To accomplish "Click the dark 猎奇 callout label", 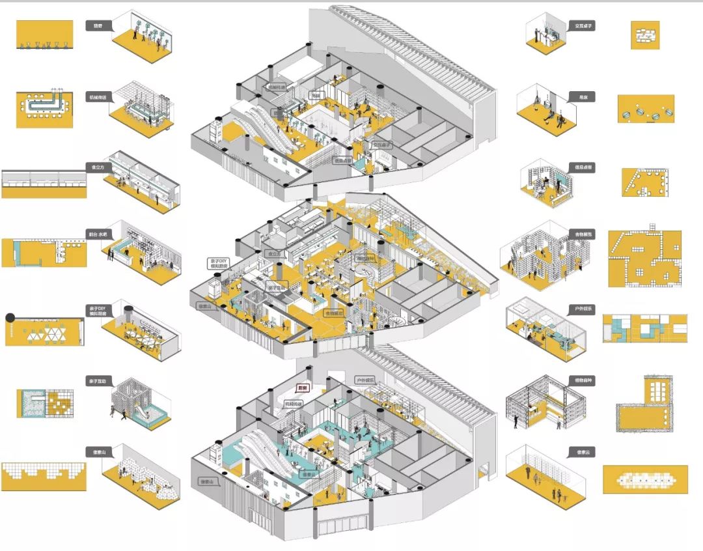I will point(99,26).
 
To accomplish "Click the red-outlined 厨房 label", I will point(301,388).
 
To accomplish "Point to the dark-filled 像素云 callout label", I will point(581,451).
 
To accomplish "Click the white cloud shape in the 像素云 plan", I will point(644,479).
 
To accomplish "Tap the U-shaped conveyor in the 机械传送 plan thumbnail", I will point(44,104).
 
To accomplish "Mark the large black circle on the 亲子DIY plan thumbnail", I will point(10,318).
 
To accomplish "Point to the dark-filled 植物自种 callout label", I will point(581,379).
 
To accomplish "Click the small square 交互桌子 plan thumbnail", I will point(645,35).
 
